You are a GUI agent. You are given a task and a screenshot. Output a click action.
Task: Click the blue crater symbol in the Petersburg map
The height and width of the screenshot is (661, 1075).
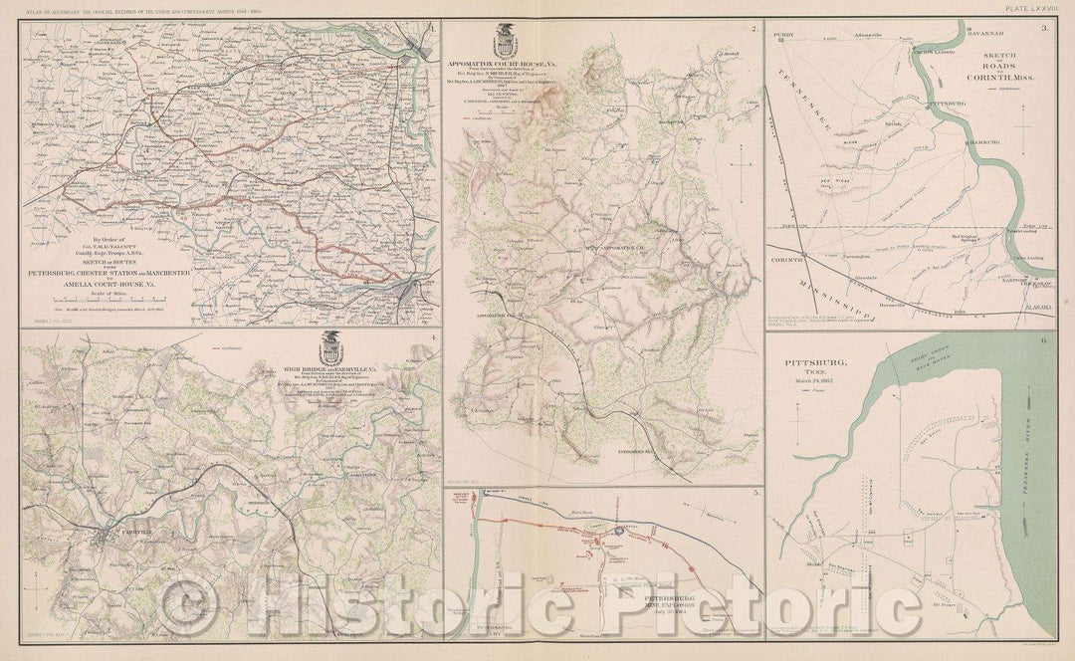click(x=617, y=533)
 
